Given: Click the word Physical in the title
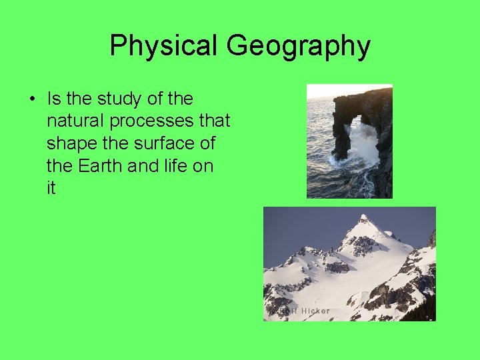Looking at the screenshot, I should (164, 46).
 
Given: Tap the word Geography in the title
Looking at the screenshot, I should (298, 46).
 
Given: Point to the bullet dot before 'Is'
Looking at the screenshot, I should (31, 99).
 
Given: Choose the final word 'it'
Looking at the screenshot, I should (51, 188).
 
